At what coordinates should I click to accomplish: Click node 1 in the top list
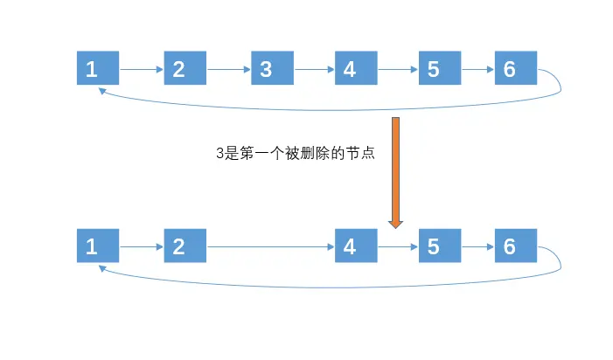click(x=97, y=68)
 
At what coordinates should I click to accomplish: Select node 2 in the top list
click(x=185, y=68)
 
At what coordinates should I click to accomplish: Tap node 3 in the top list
click(x=272, y=68)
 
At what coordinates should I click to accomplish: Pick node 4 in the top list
click(x=356, y=68)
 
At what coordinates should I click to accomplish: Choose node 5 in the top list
click(x=440, y=68)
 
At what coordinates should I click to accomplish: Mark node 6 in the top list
click(x=515, y=68)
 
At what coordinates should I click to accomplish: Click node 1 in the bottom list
click(x=97, y=246)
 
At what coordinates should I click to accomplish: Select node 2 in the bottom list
click(x=185, y=246)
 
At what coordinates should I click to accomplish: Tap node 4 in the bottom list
click(x=356, y=246)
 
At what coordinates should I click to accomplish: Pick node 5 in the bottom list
click(x=440, y=246)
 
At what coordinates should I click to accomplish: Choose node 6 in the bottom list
click(x=515, y=246)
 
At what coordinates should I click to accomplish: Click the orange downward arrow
click(x=395, y=171)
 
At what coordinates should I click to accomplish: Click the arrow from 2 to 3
click(x=228, y=68)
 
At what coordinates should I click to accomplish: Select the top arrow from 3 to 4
click(x=314, y=68)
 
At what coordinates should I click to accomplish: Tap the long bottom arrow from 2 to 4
click(x=270, y=246)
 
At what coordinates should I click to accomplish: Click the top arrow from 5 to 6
click(x=477, y=68)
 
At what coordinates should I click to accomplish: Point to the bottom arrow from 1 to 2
click(x=141, y=246)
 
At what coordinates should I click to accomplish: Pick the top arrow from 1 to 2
click(x=141, y=68)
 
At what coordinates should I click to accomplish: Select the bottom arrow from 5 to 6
click(x=477, y=246)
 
